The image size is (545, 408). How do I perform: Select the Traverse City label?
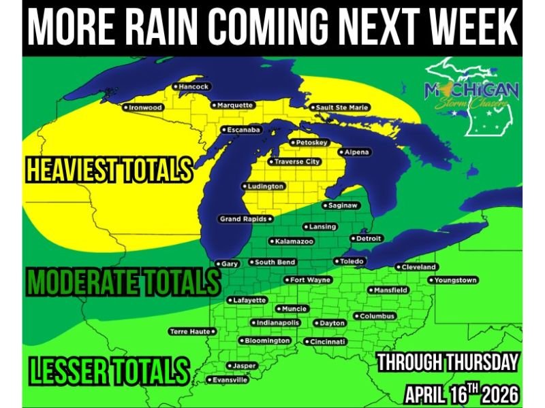(296, 162)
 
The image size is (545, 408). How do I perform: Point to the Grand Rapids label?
(244, 219)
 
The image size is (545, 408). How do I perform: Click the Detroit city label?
(369, 239)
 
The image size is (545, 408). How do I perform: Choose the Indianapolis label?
(278, 322)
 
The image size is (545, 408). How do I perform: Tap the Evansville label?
(230, 380)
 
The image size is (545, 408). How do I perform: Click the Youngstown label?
(455, 280)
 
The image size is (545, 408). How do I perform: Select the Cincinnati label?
(328, 341)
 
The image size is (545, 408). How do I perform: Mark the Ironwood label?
(145, 107)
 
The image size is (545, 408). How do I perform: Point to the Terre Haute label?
(191, 331)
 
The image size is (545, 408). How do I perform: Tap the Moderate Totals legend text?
(123, 280)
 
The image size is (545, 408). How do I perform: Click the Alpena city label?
(356, 152)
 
